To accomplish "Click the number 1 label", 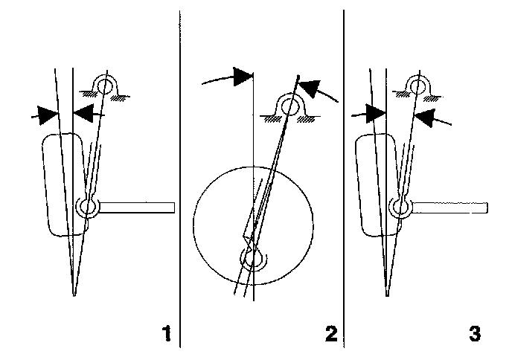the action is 168,331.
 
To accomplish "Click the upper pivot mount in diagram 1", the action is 105,87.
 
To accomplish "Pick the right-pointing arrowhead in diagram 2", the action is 243,75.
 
